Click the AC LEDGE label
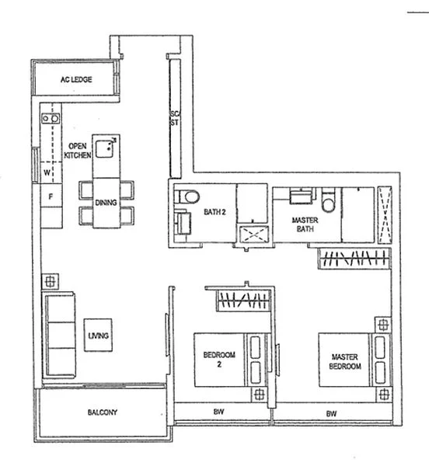click(x=76, y=79)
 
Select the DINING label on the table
click(x=106, y=203)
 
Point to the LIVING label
click(x=99, y=335)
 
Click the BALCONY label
click(x=102, y=412)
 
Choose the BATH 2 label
click(x=216, y=210)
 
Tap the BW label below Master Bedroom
click(x=332, y=413)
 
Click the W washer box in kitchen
click(x=47, y=172)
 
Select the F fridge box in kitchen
click(x=51, y=196)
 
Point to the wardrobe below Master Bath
click(x=353, y=259)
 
